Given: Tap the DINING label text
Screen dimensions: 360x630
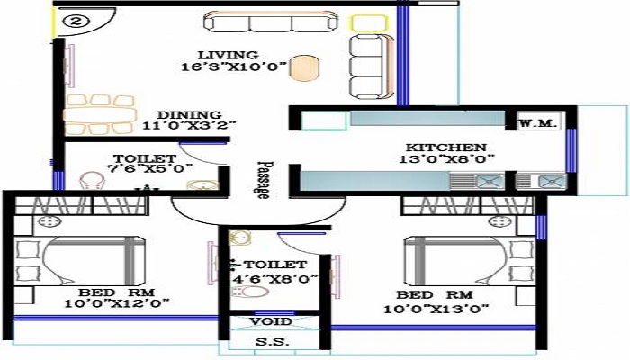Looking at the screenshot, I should pyautogui.click(x=189, y=114).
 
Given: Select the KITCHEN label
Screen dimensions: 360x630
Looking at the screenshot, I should pyautogui.click(x=445, y=148).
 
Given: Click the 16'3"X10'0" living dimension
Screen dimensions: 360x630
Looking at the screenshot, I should pyautogui.click(x=233, y=67).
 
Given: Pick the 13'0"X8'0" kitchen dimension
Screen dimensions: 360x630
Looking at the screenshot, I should pyautogui.click(x=445, y=160).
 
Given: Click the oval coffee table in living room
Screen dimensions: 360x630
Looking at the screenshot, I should pyautogui.click(x=305, y=67).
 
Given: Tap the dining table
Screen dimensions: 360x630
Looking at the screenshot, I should pyautogui.click(x=100, y=114).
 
